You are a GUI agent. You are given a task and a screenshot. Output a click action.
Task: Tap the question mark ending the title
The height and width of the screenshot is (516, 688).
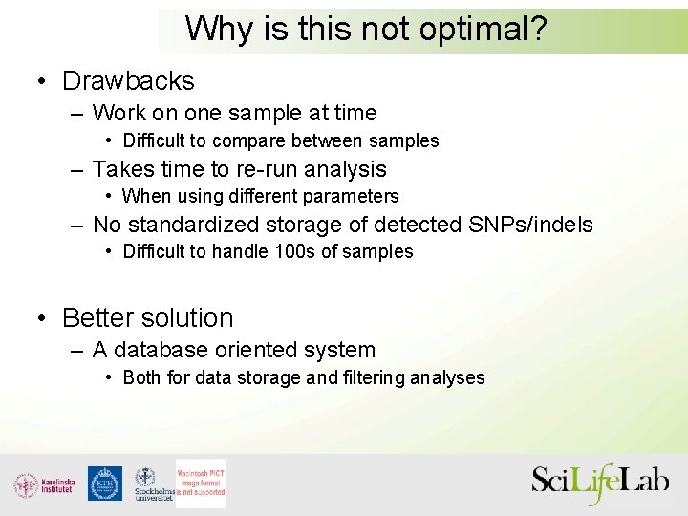click(x=537, y=29)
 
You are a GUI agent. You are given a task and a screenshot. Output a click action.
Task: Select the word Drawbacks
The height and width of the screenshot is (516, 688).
click(x=128, y=81)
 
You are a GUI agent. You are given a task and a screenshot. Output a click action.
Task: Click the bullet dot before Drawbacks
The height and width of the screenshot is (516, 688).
click(x=43, y=82)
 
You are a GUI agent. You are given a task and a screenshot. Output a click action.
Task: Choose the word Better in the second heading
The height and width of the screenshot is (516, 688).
click(x=102, y=318)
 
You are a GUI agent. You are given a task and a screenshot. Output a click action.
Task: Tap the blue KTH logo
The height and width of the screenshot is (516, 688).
click(x=105, y=484)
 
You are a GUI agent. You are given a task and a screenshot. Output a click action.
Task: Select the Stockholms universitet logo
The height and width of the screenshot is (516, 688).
click(x=151, y=484)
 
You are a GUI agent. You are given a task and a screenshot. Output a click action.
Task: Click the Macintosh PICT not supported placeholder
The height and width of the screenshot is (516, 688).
click(x=201, y=484)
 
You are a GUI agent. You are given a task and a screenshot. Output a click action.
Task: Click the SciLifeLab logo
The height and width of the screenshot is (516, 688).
click(x=600, y=484)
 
